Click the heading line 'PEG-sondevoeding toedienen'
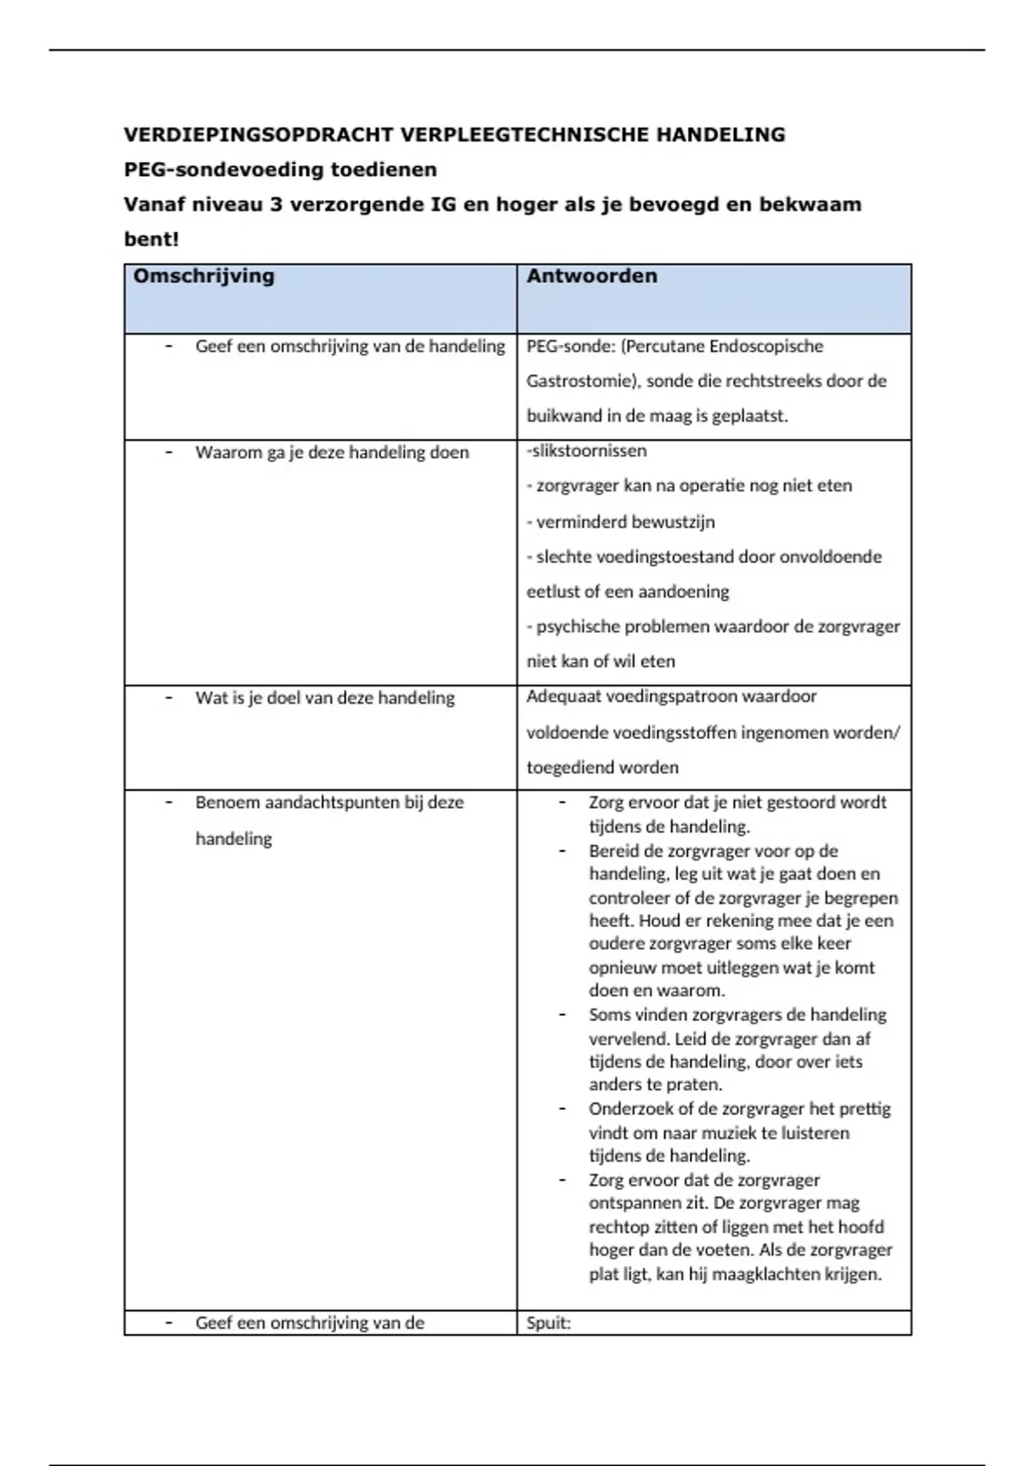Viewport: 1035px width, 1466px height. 280,170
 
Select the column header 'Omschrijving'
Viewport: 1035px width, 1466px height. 204,276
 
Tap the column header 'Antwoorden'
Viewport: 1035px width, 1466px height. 592,276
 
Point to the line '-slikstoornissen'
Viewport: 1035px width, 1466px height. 586,451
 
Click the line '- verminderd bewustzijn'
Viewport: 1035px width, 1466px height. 621,522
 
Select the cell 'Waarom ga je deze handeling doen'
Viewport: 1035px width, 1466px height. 332,453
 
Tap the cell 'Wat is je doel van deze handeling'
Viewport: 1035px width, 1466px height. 324,698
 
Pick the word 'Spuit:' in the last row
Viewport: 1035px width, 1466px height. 549,1323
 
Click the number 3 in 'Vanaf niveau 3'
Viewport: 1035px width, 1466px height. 276,205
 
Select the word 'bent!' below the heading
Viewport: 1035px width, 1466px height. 151,240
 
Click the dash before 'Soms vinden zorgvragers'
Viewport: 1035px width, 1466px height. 562,1015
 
